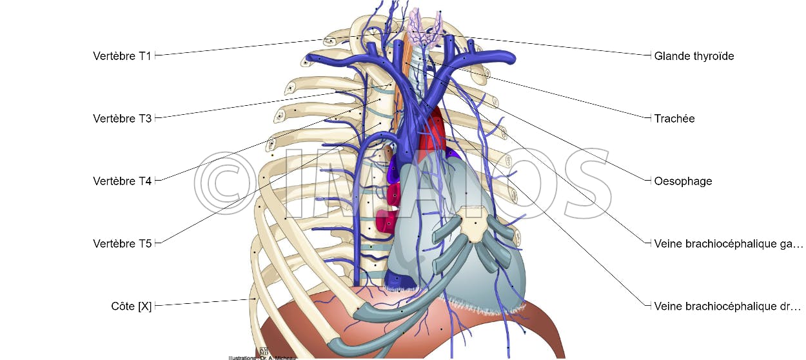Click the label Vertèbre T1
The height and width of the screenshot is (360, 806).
click(122, 56)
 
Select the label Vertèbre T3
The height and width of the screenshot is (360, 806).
click(122, 119)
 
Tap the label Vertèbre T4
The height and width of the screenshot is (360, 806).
click(122, 181)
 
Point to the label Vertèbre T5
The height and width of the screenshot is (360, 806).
click(122, 244)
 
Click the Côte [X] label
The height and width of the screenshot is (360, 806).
click(131, 306)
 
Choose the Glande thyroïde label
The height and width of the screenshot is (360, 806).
click(694, 56)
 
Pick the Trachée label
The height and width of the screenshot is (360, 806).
click(674, 119)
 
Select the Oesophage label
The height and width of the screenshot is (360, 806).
click(683, 181)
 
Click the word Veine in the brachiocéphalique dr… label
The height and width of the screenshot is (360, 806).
click(667, 306)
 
